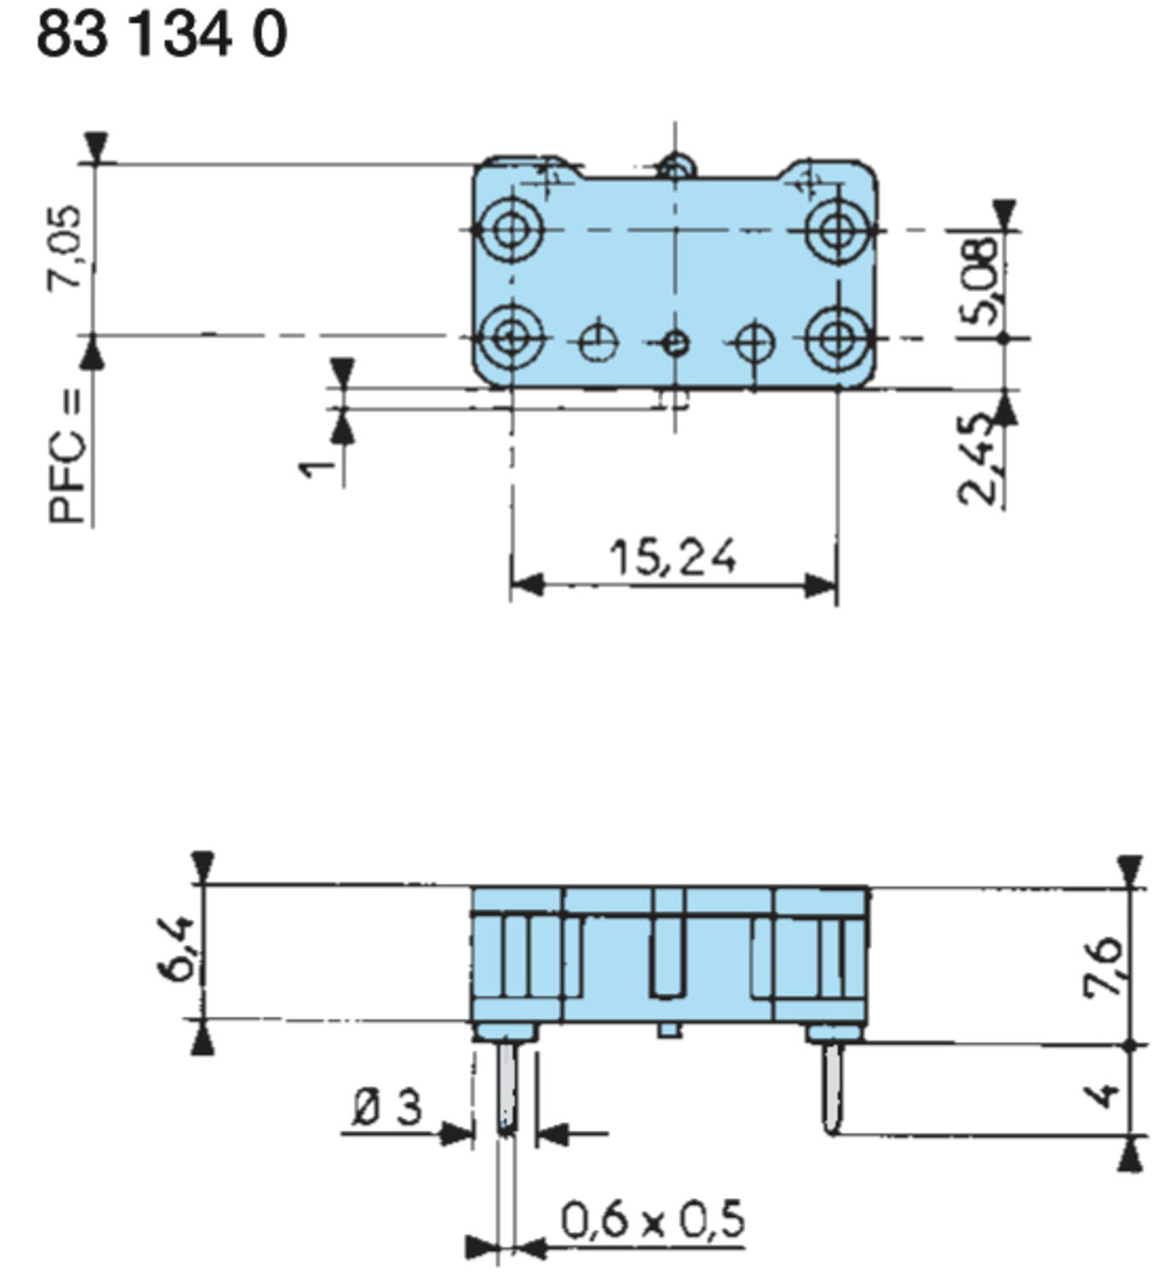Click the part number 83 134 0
(x=162, y=36)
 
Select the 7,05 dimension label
(x=66, y=248)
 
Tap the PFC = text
(x=67, y=456)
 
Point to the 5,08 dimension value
(x=981, y=281)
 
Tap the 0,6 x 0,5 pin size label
(x=652, y=1220)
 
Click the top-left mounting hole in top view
(x=511, y=229)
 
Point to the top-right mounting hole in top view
(x=837, y=229)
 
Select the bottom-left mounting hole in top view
(x=511, y=338)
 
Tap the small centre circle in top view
(x=675, y=344)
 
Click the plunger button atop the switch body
(x=675, y=165)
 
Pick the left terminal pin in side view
(x=506, y=1088)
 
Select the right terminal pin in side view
(x=833, y=1088)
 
